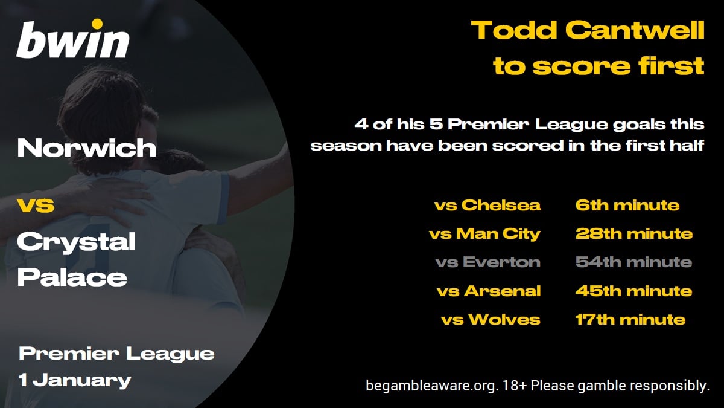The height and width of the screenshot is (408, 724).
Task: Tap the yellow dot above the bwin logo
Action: click(97, 24)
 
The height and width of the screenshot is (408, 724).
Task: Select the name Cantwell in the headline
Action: click(635, 30)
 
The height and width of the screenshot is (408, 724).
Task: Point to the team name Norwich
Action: click(87, 147)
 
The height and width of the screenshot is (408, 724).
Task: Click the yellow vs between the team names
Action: click(36, 206)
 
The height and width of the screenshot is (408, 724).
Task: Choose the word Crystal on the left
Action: click(77, 242)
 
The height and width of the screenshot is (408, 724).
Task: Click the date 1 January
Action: click(75, 380)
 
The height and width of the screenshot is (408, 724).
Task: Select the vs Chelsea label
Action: click(487, 206)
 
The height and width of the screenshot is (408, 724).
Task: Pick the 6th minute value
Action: click(627, 206)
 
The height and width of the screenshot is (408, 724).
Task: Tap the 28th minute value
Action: click(634, 234)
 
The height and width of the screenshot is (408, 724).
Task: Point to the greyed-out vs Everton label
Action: click(488, 262)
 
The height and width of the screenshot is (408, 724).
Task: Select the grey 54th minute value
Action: click(634, 262)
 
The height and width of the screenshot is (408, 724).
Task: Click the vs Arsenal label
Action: click(489, 291)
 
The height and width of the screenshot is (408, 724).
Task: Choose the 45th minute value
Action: click(634, 291)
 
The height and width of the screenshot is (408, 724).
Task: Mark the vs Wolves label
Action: click(491, 319)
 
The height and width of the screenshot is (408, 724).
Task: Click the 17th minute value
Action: click(630, 319)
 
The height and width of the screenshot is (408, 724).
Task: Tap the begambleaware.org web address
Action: click(430, 386)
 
